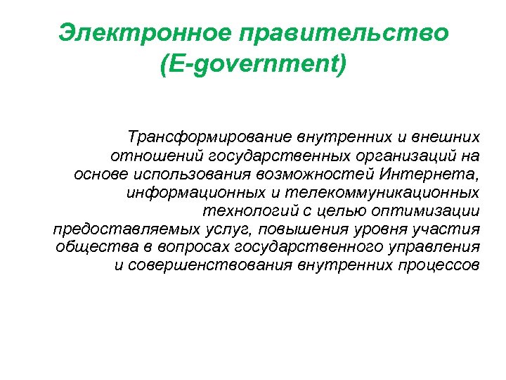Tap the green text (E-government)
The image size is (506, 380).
coord(253,68)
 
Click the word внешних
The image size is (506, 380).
coord(449,135)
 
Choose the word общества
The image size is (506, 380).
coord(89,248)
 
